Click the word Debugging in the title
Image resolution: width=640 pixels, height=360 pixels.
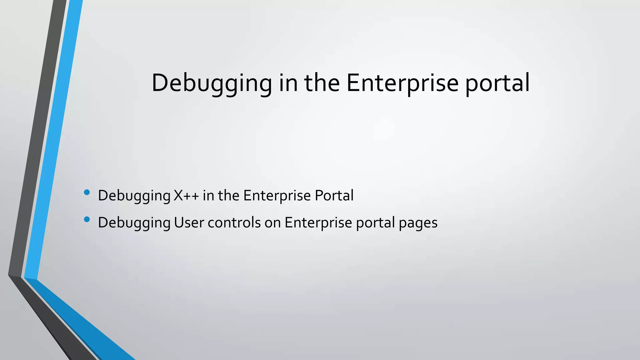coord(212,83)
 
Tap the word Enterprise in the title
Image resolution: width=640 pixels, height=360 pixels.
coord(402,83)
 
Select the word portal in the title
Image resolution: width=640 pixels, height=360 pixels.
coord(497,83)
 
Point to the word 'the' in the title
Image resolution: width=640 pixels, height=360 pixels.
coord(322,83)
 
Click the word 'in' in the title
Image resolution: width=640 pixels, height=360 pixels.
coord(288,83)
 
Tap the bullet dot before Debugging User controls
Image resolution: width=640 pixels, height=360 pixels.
coord(87,219)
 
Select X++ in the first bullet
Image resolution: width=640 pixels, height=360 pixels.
coord(187,196)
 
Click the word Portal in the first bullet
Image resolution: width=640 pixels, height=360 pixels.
coord(334,196)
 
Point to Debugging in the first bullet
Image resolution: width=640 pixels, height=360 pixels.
coord(134,196)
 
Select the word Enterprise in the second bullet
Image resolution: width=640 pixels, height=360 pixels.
coord(318,223)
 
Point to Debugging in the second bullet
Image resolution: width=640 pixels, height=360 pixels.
coord(134,223)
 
